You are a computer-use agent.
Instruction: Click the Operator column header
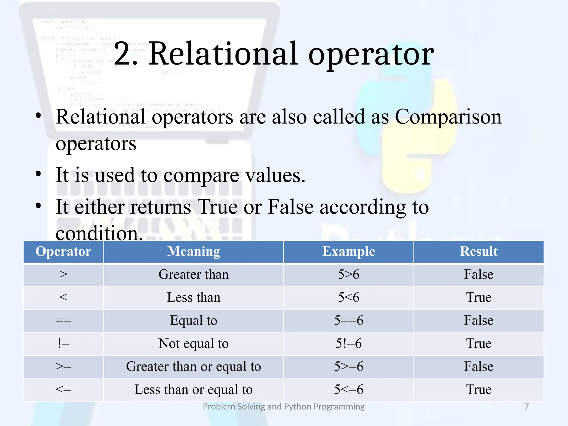point(63,252)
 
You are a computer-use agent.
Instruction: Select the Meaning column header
point(194,252)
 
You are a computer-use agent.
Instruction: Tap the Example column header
point(349,252)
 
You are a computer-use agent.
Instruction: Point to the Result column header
point(479,252)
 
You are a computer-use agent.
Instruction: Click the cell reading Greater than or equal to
point(194,366)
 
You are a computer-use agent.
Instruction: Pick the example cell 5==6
point(349,320)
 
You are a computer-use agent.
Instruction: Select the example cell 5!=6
point(349,343)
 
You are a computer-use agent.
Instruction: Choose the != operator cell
point(64,343)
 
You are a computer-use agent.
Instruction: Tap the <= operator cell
point(64,389)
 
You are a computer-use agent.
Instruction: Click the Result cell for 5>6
point(479,275)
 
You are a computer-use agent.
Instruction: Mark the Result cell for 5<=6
point(479,389)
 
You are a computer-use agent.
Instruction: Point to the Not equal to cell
point(194,343)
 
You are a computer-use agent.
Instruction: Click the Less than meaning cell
point(194,297)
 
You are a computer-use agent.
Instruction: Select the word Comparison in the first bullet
point(448,117)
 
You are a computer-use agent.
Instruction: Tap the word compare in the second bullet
point(201,176)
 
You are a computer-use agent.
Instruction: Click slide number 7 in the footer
point(526,407)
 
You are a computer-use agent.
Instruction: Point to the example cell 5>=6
point(349,366)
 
